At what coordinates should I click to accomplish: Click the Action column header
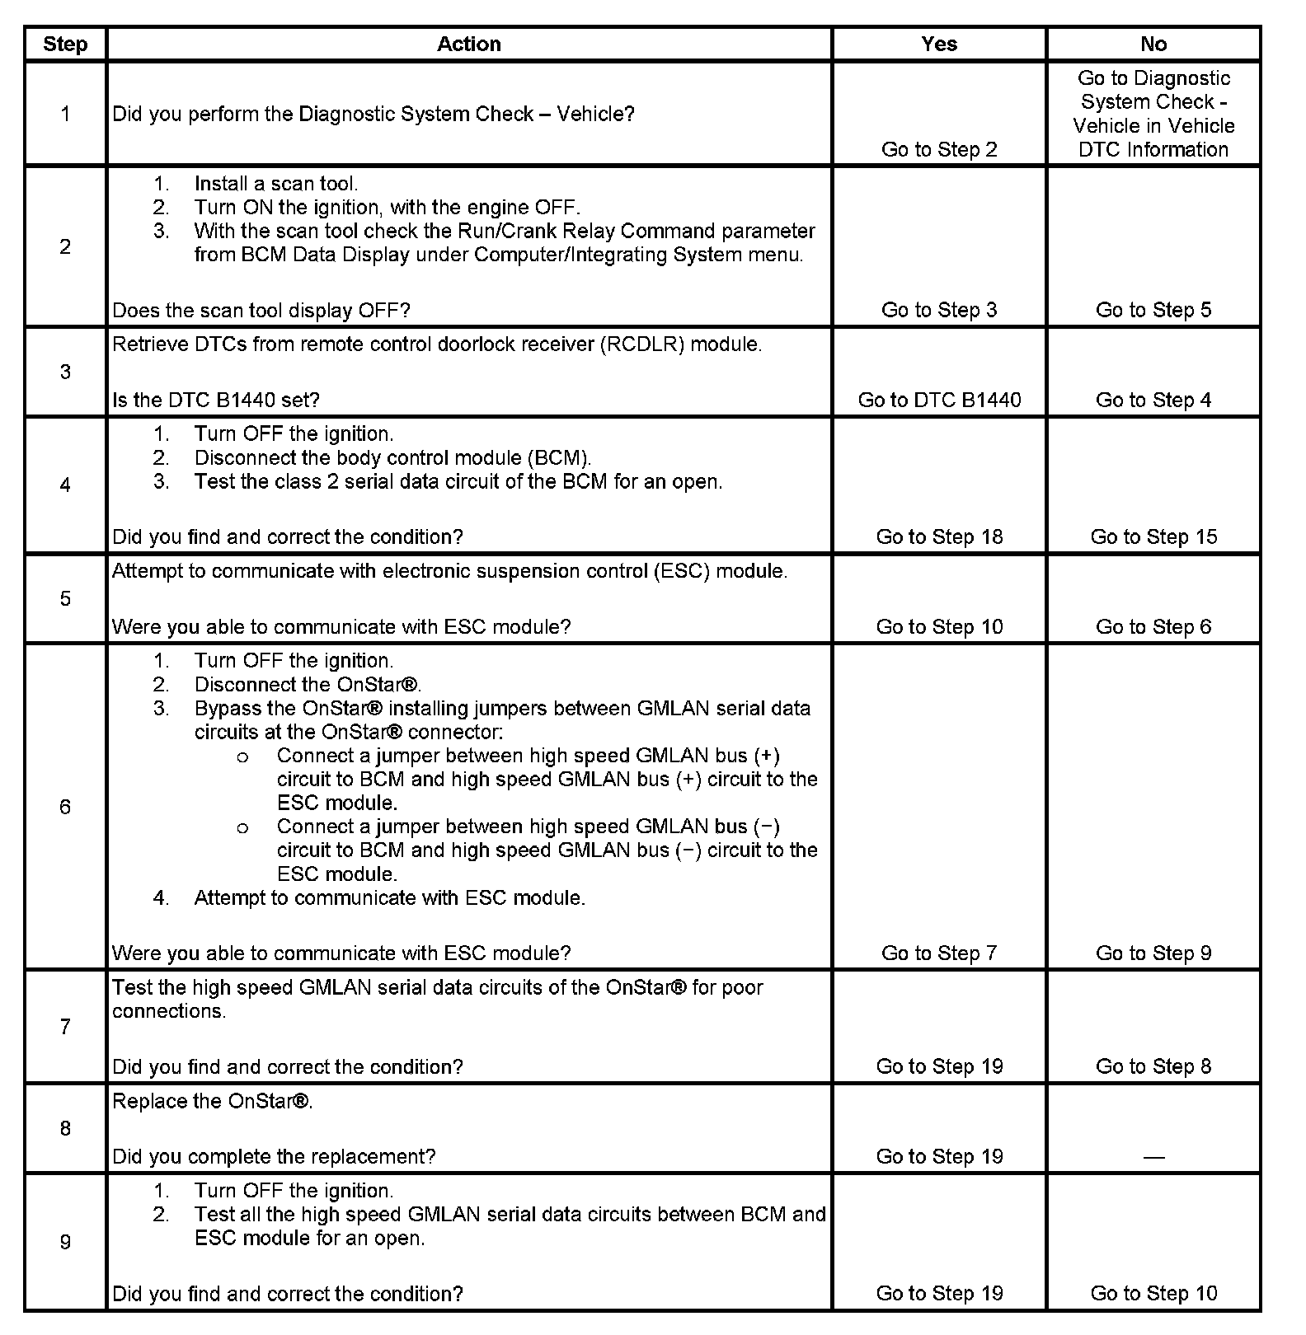[468, 44]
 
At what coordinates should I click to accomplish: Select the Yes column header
[939, 44]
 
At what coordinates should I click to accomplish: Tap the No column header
[1153, 44]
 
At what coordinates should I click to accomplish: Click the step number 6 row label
[65, 807]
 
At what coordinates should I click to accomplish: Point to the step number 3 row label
[65, 372]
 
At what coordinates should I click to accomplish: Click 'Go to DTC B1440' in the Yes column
[939, 400]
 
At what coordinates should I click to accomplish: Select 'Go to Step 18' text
[939, 537]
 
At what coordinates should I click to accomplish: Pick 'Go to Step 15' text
[1153, 537]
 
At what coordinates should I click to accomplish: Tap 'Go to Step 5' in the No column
[1153, 311]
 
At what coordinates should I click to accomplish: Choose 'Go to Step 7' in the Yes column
[939, 953]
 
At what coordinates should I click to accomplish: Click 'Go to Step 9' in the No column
[1153, 953]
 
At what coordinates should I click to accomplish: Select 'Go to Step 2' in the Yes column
[939, 150]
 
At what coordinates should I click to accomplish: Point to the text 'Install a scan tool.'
[276, 184]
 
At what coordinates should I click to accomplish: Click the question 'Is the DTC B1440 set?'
[216, 400]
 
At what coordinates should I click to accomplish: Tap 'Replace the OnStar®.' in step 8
[213, 1102]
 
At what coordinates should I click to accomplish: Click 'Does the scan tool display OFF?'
[261, 311]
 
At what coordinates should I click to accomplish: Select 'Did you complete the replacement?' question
[274, 1157]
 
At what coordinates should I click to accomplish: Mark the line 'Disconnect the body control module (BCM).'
[392, 458]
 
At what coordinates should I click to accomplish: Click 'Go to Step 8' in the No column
[1153, 1067]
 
